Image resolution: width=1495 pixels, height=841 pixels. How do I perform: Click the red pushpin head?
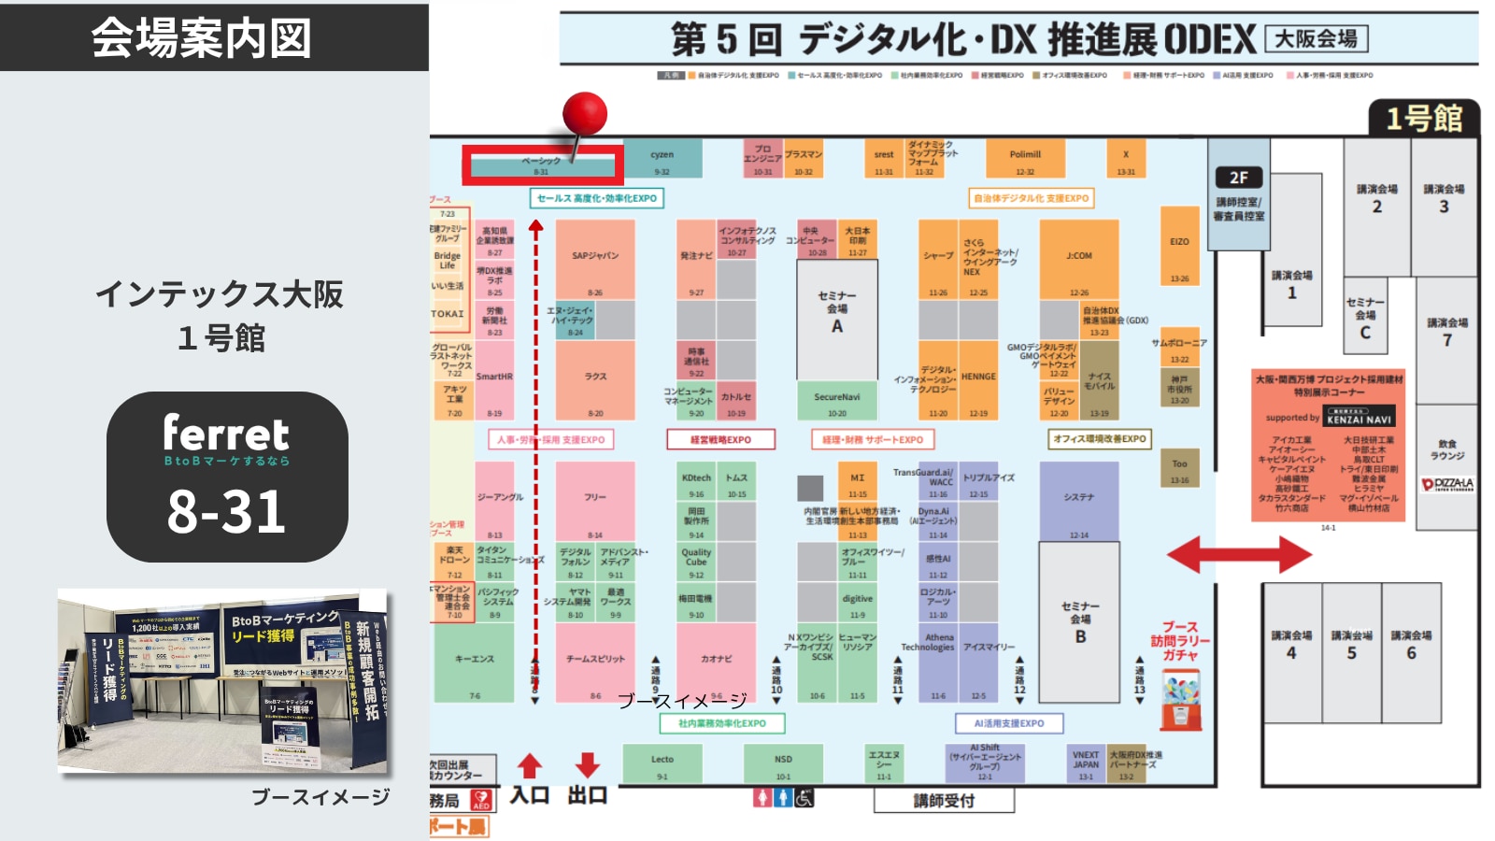[585, 114]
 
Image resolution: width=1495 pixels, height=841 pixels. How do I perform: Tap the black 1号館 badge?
[1424, 119]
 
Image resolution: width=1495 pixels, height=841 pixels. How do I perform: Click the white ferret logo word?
[226, 433]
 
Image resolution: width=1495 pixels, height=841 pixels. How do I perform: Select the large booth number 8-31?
[226, 512]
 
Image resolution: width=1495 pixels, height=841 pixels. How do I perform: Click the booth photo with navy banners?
[222, 682]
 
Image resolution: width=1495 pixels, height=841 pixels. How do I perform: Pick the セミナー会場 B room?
[1079, 621]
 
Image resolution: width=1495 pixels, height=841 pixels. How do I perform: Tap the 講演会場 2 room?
[1376, 198]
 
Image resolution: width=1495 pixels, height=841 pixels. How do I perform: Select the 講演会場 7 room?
[1446, 332]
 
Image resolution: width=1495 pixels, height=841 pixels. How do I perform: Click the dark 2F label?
[1238, 178]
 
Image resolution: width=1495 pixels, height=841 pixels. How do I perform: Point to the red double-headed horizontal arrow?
[1239, 555]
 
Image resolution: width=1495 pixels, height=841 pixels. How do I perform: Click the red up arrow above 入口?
[530, 765]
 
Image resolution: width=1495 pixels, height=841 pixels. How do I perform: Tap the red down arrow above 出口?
[587, 765]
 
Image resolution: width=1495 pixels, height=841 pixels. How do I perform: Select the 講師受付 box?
[944, 801]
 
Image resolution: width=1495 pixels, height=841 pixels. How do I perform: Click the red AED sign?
[481, 801]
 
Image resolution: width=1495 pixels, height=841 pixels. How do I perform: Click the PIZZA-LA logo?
[1446, 484]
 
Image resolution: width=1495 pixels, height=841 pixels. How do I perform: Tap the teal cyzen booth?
[662, 158]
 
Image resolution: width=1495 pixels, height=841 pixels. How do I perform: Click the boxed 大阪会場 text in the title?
[1316, 39]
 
